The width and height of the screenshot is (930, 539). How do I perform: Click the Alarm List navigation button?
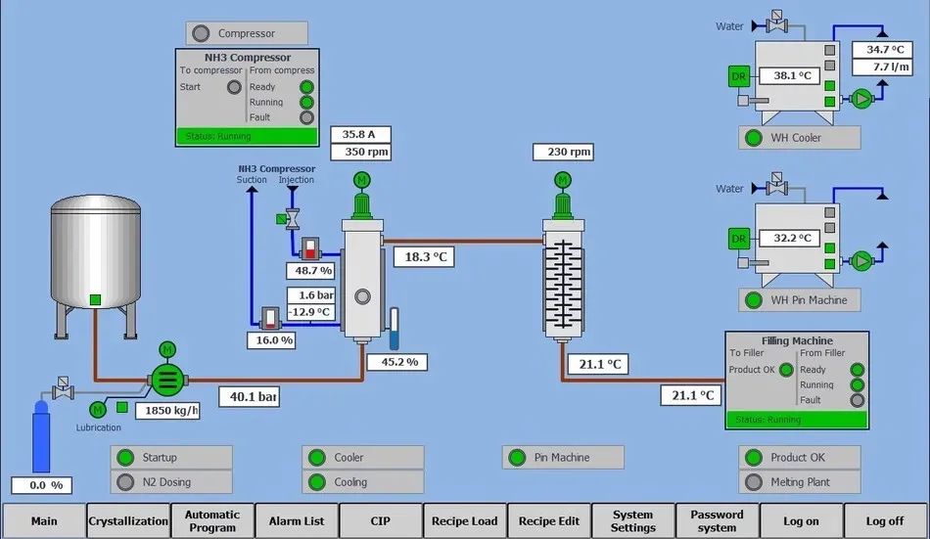pos(297,521)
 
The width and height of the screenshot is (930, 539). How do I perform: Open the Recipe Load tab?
pos(465,521)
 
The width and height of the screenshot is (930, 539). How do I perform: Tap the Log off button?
pos(885,521)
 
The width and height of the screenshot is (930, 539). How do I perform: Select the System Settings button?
pos(632,521)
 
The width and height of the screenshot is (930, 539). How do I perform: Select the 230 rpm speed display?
pos(563,152)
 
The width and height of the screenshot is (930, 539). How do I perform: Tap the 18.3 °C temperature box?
pos(426,256)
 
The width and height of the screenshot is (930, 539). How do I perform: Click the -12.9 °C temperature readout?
pos(311,312)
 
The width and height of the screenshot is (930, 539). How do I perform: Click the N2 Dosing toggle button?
pos(172,482)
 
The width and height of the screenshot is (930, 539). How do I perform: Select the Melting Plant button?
pos(800,482)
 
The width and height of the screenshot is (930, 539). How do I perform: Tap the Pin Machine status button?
pos(563,457)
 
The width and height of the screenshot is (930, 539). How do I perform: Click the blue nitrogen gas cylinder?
pos(41,441)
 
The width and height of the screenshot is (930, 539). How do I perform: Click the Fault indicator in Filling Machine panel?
pos(858,400)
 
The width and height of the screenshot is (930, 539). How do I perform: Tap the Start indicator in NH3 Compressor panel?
pos(234,87)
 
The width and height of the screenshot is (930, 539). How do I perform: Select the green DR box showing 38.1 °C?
pos(740,75)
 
